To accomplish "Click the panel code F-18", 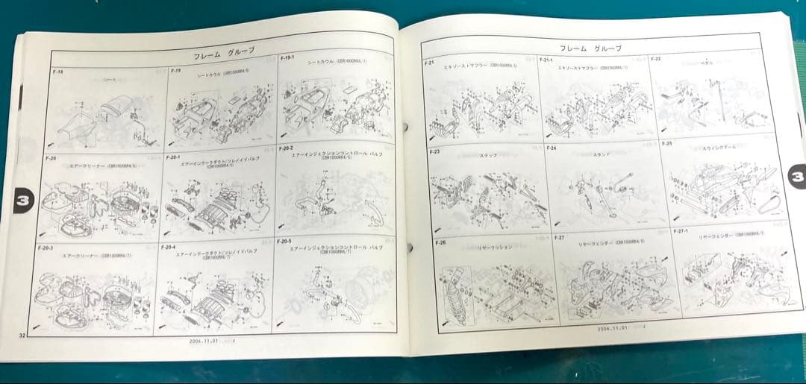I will coord(58,73).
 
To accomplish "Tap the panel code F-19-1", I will coord(287,57).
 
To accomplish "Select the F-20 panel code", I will coord(51,159).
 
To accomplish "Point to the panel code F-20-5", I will coord(284,242).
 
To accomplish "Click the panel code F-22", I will coord(655,58).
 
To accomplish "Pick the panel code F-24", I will coord(552,148).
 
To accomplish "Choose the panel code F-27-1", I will coord(680,231).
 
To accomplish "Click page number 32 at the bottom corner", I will coord(22,336).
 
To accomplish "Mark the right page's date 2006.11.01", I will coord(613,327).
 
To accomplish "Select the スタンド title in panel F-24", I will coord(603,154).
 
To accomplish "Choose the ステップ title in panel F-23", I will coord(488,156).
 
